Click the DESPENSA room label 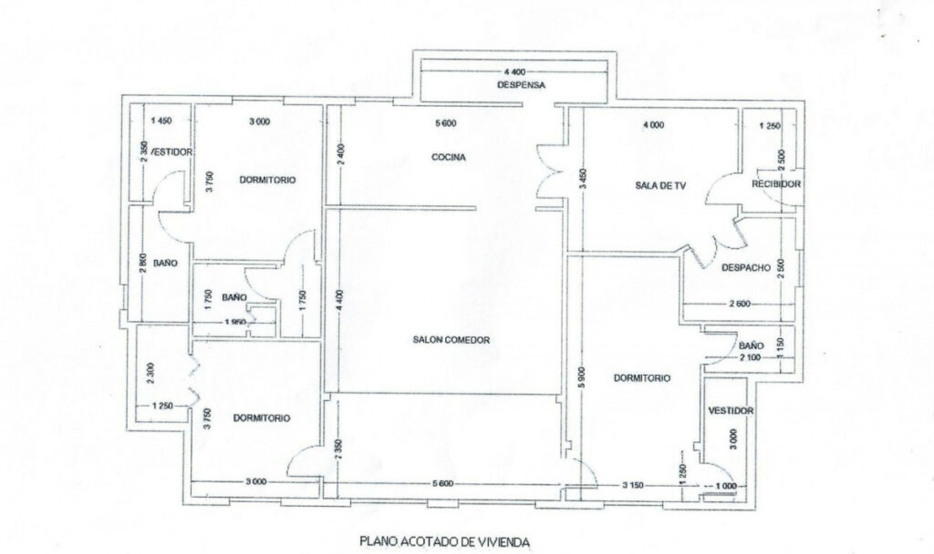pos(521,85)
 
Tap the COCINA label pos(449,157)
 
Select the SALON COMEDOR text pos(451,340)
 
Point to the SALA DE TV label pos(660,185)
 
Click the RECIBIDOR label pos(776,184)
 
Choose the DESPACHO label pos(746,268)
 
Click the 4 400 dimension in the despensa pos(514,72)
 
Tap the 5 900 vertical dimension pos(583,378)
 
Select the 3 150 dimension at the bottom pos(633,485)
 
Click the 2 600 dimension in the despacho pos(739,304)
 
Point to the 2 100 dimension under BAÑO pos(750,358)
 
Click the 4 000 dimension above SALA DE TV pos(653,125)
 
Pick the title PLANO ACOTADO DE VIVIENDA pos(444,541)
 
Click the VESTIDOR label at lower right pos(730,411)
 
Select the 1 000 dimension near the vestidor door pos(726,485)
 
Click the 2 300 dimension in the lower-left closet pos(150,373)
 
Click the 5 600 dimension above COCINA pos(446,123)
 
